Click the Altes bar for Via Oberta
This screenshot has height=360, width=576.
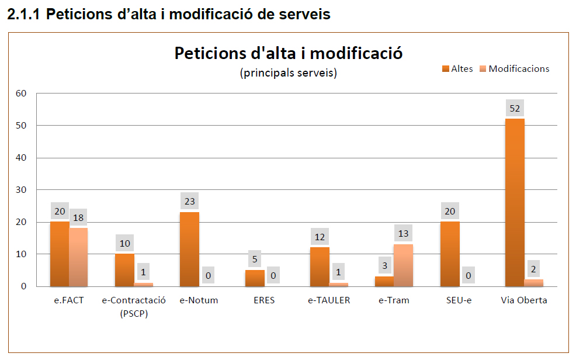coord(515,202)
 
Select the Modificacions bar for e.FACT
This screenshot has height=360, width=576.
coord(78,257)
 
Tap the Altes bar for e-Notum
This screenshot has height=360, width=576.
coord(189,249)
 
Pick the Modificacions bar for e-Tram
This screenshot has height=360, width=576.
coord(404,265)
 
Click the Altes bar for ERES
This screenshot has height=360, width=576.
coord(254,278)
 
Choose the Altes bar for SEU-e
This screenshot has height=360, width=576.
coord(450,254)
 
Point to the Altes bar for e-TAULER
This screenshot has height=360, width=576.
coord(320,266)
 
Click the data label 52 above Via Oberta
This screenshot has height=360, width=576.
coord(515,108)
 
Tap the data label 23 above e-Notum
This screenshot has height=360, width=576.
coord(189,202)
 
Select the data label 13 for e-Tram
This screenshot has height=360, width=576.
coord(404,233)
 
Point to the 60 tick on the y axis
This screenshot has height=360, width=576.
coord(21,94)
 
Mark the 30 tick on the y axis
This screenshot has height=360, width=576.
coord(21,190)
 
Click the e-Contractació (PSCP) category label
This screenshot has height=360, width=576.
coord(134,306)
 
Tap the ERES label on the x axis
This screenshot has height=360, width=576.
coord(263,301)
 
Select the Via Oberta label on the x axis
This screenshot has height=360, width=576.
coord(524,301)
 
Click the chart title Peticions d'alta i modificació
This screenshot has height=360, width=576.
coord(289,53)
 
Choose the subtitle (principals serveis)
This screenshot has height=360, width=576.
coord(289,73)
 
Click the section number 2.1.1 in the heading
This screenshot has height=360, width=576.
coord(24,15)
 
